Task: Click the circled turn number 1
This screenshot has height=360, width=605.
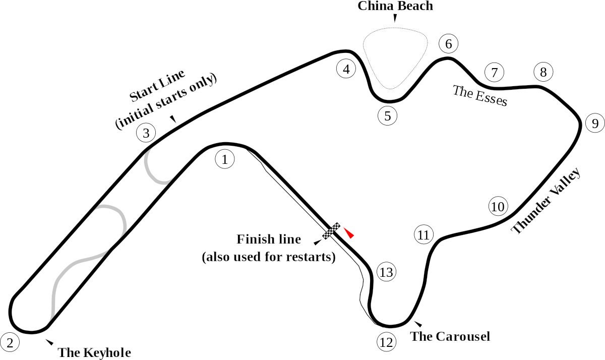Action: click(x=225, y=159)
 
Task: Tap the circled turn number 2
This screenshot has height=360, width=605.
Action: click(x=10, y=342)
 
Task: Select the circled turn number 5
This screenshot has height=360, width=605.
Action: click(x=388, y=116)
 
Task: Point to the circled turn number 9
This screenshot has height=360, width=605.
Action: click(x=595, y=123)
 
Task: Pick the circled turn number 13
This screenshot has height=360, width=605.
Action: click(x=386, y=272)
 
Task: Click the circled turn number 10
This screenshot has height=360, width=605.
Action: click(x=498, y=207)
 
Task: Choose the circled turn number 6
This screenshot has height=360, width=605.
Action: click(x=449, y=44)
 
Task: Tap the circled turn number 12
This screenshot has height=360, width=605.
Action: click(x=386, y=342)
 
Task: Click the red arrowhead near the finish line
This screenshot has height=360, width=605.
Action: click(x=349, y=233)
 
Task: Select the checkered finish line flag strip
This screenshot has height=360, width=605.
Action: click(x=331, y=231)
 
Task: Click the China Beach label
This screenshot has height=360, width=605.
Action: click(x=395, y=6)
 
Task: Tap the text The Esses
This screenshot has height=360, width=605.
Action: click(x=480, y=96)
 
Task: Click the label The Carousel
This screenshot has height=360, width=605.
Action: click(x=450, y=336)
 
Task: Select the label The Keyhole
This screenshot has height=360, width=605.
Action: click(x=94, y=352)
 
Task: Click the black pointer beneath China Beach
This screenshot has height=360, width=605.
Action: click(x=395, y=18)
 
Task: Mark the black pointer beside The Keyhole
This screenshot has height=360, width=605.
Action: click(x=49, y=342)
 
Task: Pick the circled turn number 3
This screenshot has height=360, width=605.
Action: click(x=146, y=133)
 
